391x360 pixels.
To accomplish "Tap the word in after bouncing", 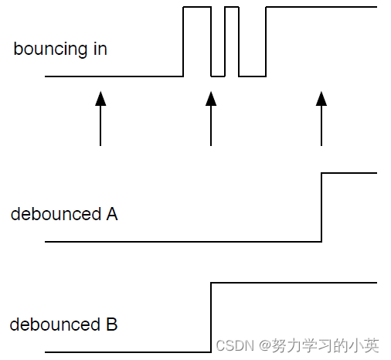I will coord(99,49).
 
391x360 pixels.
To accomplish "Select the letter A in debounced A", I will coord(110,214).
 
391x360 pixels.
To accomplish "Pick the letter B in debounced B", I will coord(110,324).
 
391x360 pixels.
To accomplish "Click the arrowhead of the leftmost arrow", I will coord(100,97).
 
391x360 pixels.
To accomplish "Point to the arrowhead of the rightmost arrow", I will coord(321,97).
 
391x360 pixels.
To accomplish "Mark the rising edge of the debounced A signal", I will coord(321,207).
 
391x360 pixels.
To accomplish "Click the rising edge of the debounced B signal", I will coord(211,318).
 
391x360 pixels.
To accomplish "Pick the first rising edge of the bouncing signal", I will coord(183,42).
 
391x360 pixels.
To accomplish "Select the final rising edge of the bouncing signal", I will coord(266,42).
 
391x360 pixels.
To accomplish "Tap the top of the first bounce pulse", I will coord(197,7).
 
